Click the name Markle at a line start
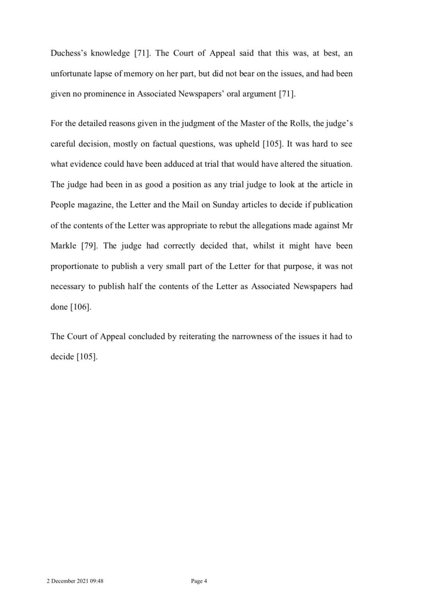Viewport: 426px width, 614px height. [x=63, y=246]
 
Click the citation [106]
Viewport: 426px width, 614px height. [x=81, y=307]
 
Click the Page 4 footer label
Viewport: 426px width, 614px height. [x=199, y=581]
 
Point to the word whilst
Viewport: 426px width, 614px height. [x=264, y=246]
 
